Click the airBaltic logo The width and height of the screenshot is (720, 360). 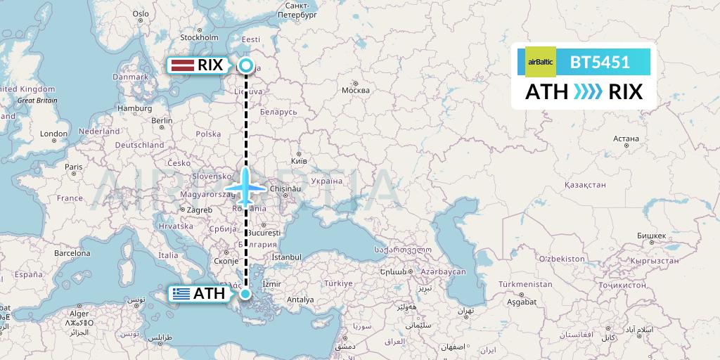coord(541,62)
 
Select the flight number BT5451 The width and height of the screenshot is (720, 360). coord(600,62)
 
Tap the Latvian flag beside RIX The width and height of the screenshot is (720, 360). coord(183,65)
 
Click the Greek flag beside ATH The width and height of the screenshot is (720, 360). coord(181,294)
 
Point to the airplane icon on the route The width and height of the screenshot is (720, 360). coord(245,188)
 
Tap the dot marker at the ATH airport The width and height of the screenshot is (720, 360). coord(245,294)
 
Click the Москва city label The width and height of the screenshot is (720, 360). coord(355,90)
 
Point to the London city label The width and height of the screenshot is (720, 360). coord(53,134)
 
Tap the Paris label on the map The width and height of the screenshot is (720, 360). coord(74,167)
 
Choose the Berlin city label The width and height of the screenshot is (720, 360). coord(162,120)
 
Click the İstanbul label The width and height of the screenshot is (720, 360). coord(286,257)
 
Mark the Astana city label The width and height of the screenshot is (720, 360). coord(625,139)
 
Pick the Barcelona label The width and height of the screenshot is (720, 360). coord(73,252)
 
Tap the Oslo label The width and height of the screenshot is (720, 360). coord(141,13)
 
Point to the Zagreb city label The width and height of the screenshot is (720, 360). coord(199,210)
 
